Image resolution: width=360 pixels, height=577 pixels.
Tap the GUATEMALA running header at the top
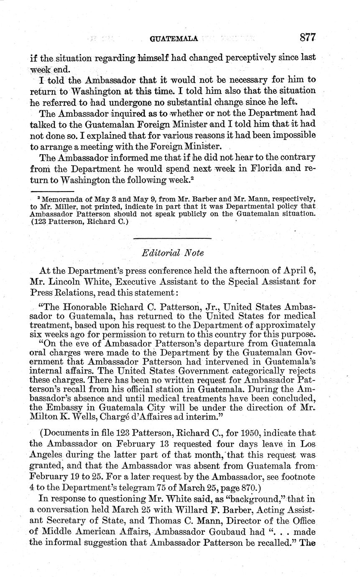(x=174, y=38)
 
